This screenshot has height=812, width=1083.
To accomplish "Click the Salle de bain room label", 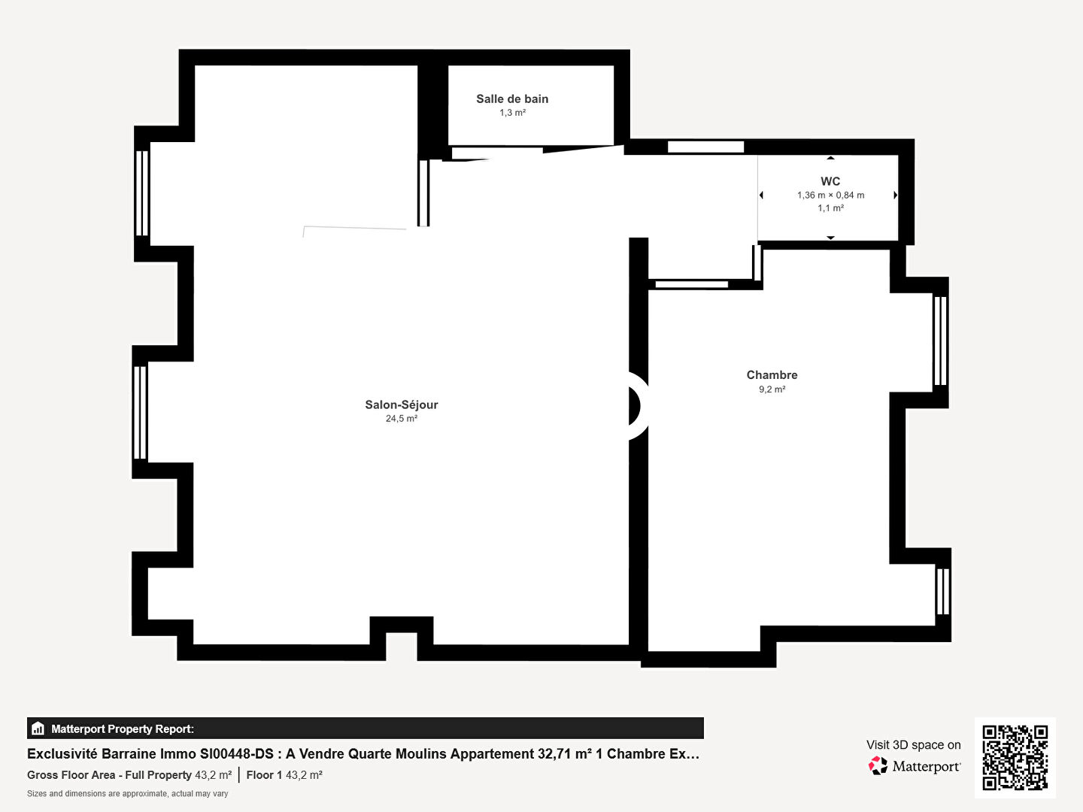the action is tap(512, 99).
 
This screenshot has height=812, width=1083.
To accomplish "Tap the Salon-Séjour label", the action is tap(402, 404).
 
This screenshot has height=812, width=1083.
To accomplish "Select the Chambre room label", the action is tap(772, 375).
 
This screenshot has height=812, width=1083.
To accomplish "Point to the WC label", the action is tap(830, 181).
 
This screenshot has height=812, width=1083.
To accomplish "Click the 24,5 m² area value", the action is tap(402, 419).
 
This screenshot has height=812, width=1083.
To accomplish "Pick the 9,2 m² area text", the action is tap(772, 389).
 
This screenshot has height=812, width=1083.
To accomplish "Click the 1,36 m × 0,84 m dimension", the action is tap(831, 195).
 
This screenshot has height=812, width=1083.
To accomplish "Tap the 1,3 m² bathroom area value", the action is tap(513, 113).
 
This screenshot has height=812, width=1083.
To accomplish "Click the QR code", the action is tap(1015, 758).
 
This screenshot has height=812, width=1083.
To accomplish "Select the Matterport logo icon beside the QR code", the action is tap(878, 765).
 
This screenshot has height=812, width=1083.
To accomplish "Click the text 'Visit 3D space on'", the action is tap(913, 745).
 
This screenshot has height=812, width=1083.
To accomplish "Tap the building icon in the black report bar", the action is tap(38, 729).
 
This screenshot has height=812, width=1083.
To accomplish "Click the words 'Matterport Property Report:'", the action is tap(123, 729).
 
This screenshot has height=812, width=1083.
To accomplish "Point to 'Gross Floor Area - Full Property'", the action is tap(109, 775).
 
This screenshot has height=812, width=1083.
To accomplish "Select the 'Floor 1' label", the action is tap(264, 775).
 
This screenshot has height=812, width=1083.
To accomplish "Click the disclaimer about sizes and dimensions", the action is tap(127, 794).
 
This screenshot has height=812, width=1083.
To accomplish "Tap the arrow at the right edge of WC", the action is tap(896, 195).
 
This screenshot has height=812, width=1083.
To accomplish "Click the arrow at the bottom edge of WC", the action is tap(831, 238).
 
